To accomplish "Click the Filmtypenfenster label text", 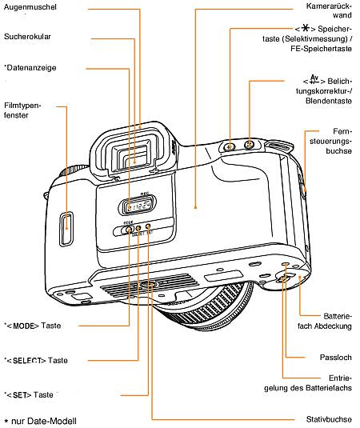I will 22,110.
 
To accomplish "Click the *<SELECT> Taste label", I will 37,360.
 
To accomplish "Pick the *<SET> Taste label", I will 30,394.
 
